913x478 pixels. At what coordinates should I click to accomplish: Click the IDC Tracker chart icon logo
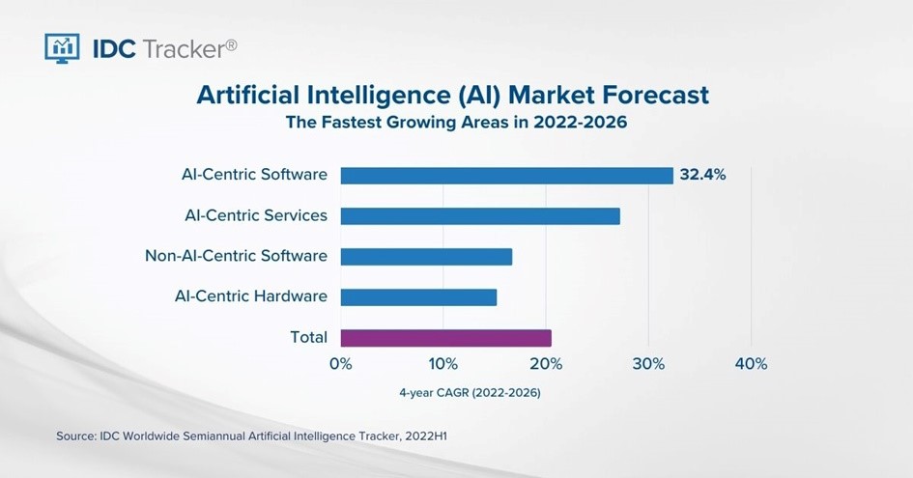pyautogui.click(x=62, y=47)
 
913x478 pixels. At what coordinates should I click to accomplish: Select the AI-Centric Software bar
pyautogui.click(x=506, y=175)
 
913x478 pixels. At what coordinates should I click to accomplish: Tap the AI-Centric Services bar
pyautogui.click(x=480, y=216)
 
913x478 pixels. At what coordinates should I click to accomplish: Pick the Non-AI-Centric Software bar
pyautogui.click(x=426, y=257)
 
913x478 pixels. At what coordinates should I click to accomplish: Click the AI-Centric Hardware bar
pyautogui.click(x=418, y=296)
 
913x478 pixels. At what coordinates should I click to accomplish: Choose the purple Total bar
pyautogui.click(x=446, y=338)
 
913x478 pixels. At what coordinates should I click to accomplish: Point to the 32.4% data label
pyautogui.click(x=702, y=175)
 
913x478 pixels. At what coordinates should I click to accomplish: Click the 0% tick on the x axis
pyautogui.click(x=341, y=364)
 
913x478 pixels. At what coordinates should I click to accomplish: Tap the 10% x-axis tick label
pyautogui.click(x=443, y=364)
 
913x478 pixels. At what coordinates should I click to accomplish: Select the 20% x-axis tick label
pyautogui.click(x=546, y=364)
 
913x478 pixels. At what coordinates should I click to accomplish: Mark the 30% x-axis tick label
pyautogui.click(x=648, y=364)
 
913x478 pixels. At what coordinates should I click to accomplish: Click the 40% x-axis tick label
pyautogui.click(x=751, y=364)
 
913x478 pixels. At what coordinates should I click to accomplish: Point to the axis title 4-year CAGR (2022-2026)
pyautogui.click(x=470, y=393)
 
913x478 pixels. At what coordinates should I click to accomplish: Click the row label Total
pyautogui.click(x=308, y=337)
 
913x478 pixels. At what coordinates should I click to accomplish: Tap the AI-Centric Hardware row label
pyautogui.click(x=251, y=296)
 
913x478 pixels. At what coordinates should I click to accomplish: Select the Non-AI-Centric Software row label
pyautogui.click(x=237, y=256)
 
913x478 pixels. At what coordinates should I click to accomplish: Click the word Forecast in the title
pyautogui.click(x=655, y=95)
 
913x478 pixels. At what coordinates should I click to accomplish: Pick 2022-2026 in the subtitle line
pyautogui.click(x=580, y=123)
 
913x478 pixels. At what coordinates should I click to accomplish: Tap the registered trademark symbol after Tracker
pyautogui.click(x=231, y=44)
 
